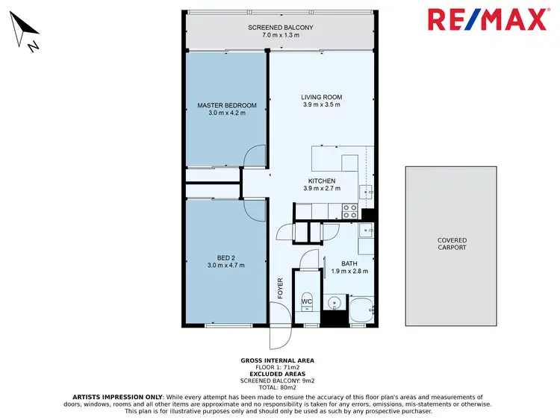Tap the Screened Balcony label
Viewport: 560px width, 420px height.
click(280, 28)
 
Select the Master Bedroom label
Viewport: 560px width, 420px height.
click(227, 105)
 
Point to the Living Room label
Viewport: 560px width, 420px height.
click(321, 97)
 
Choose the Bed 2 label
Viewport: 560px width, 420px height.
click(226, 257)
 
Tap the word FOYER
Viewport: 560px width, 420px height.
click(281, 288)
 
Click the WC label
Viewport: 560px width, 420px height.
click(306, 301)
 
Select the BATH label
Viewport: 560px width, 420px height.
click(349, 263)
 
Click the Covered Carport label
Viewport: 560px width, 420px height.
click(452, 244)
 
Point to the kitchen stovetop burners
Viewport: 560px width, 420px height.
click(349, 212)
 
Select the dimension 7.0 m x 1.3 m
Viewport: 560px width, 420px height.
click(280, 36)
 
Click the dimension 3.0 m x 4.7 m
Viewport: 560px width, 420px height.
click(226, 266)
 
